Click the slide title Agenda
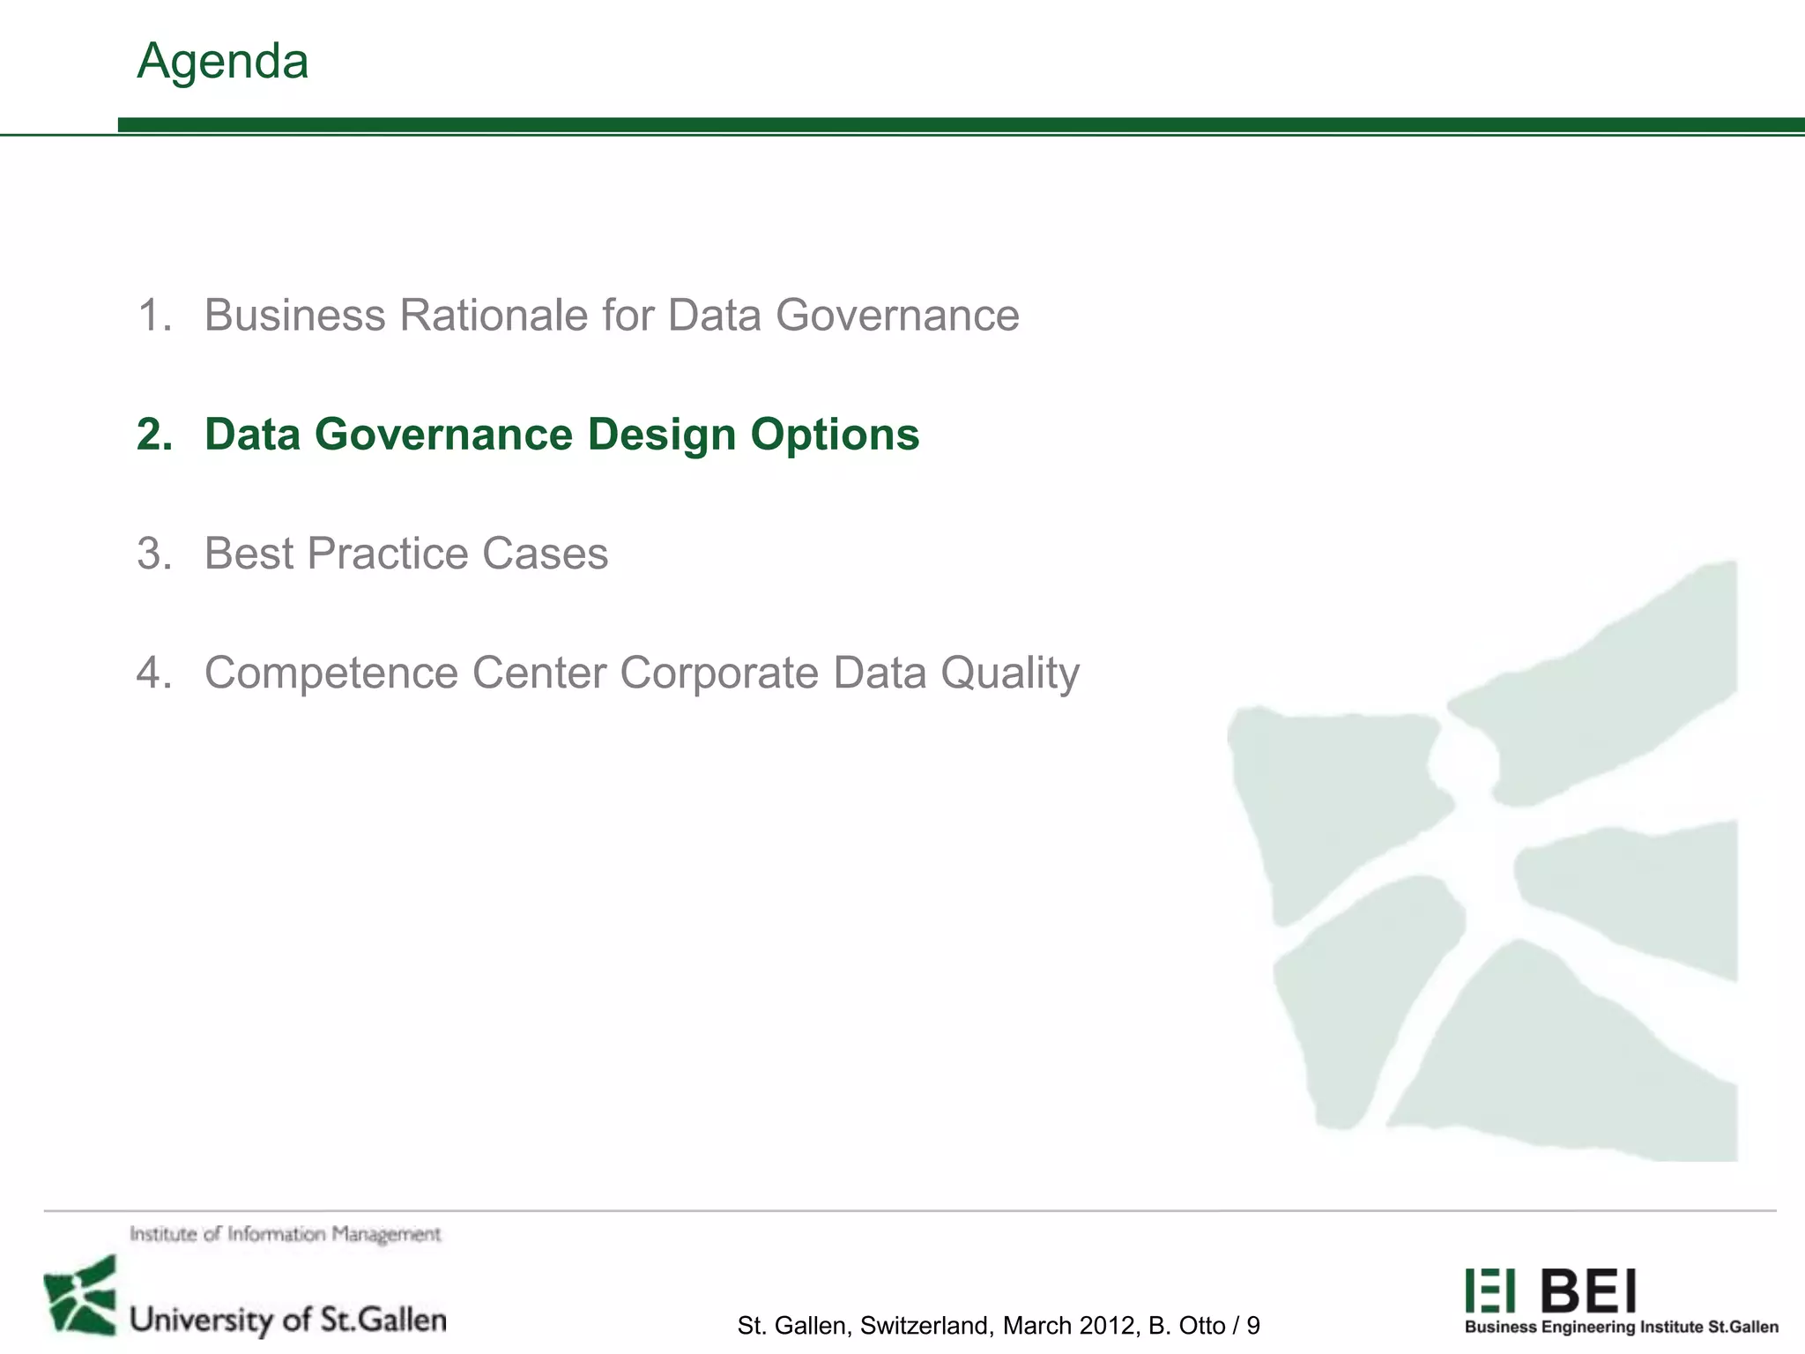coord(222,62)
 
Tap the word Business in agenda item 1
coord(294,315)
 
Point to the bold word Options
coord(835,435)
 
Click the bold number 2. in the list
coord(155,435)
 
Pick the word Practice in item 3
coord(388,554)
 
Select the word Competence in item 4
coord(331,673)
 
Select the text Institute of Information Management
coord(285,1234)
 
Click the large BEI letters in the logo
coord(1588,1291)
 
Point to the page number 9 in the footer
coord(1253,1326)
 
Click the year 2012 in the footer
coord(1107,1326)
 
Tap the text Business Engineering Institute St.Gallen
coord(1621,1328)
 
